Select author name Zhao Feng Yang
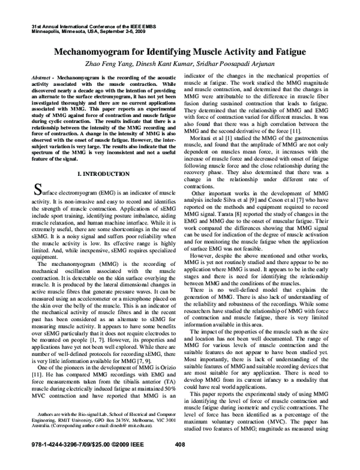[x=125, y=65]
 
